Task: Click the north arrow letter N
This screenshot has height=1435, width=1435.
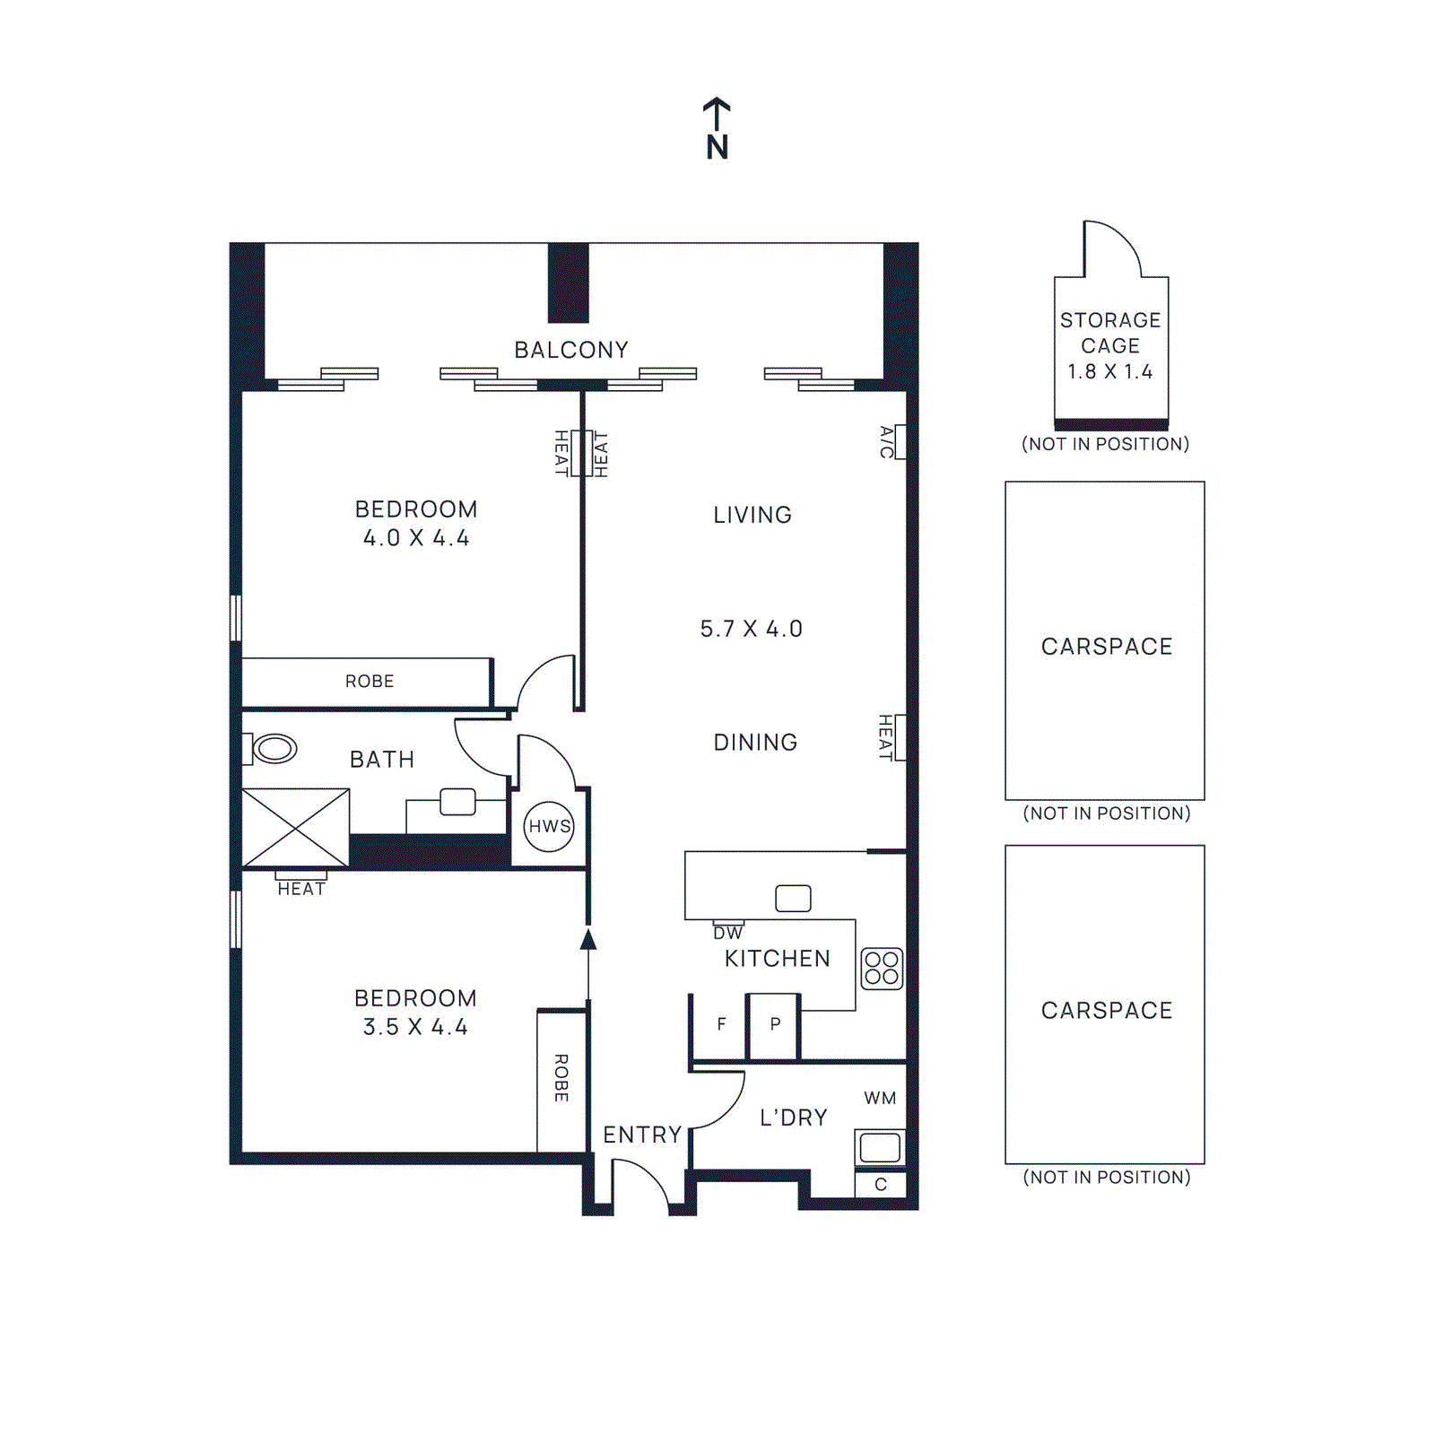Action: [x=717, y=147]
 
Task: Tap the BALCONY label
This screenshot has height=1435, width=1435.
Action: [x=570, y=350]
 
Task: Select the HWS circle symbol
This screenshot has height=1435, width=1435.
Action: [x=549, y=826]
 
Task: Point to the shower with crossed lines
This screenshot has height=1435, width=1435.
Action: [x=295, y=828]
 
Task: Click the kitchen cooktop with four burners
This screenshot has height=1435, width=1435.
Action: [x=881, y=968]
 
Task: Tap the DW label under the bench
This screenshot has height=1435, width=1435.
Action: [x=727, y=933]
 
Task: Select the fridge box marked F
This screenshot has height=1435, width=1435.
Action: [x=720, y=1024]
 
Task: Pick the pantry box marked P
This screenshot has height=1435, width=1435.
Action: [x=775, y=1024]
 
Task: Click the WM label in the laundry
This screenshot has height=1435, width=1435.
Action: [x=879, y=1098]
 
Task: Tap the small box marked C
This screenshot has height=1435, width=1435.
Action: [x=880, y=1184]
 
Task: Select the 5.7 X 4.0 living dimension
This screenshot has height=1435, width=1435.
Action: [x=751, y=629]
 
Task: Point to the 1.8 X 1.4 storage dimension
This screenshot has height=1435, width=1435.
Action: [x=1109, y=371]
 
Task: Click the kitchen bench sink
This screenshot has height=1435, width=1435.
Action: [x=793, y=898]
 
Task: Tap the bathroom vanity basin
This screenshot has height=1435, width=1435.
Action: [x=457, y=802]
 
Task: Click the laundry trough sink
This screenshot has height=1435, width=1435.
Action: [x=879, y=1147]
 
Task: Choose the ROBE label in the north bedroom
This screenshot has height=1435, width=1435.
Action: [x=369, y=682]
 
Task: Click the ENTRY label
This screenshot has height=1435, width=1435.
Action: [x=642, y=1135]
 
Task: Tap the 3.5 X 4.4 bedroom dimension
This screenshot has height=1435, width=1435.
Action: [x=415, y=1027]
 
